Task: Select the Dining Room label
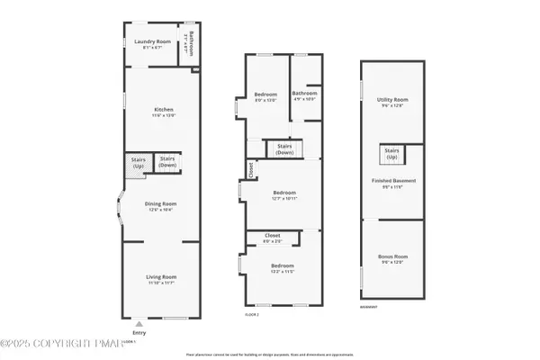click(x=162, y=206)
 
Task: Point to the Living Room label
click(x=162, y=279)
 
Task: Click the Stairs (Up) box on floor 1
click(x=139, y=163)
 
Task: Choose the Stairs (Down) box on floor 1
click(x=168, y=163)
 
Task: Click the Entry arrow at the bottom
click(x=139, y=322)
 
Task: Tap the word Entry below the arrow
click(x=139, y=332)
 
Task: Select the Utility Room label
click(x=393, y=102)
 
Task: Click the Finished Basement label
click(x=393, y=184)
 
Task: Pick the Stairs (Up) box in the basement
click(x=392, y=153)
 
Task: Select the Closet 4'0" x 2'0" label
click(x=272, y=238)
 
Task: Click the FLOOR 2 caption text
click(x=252, y=314)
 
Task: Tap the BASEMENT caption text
click(x=369, y=308)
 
